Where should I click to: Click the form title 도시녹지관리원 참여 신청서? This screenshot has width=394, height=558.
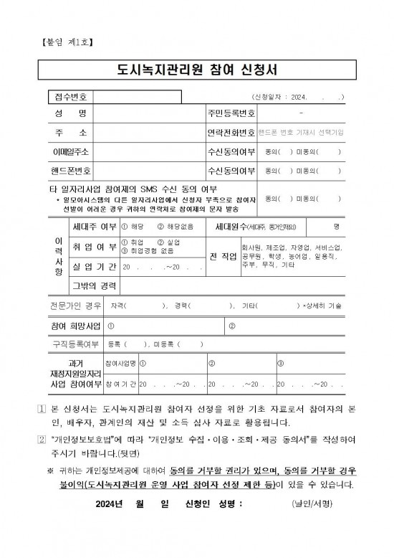(x=197, y=70)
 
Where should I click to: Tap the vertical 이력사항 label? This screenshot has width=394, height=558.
(x=58, y=257)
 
